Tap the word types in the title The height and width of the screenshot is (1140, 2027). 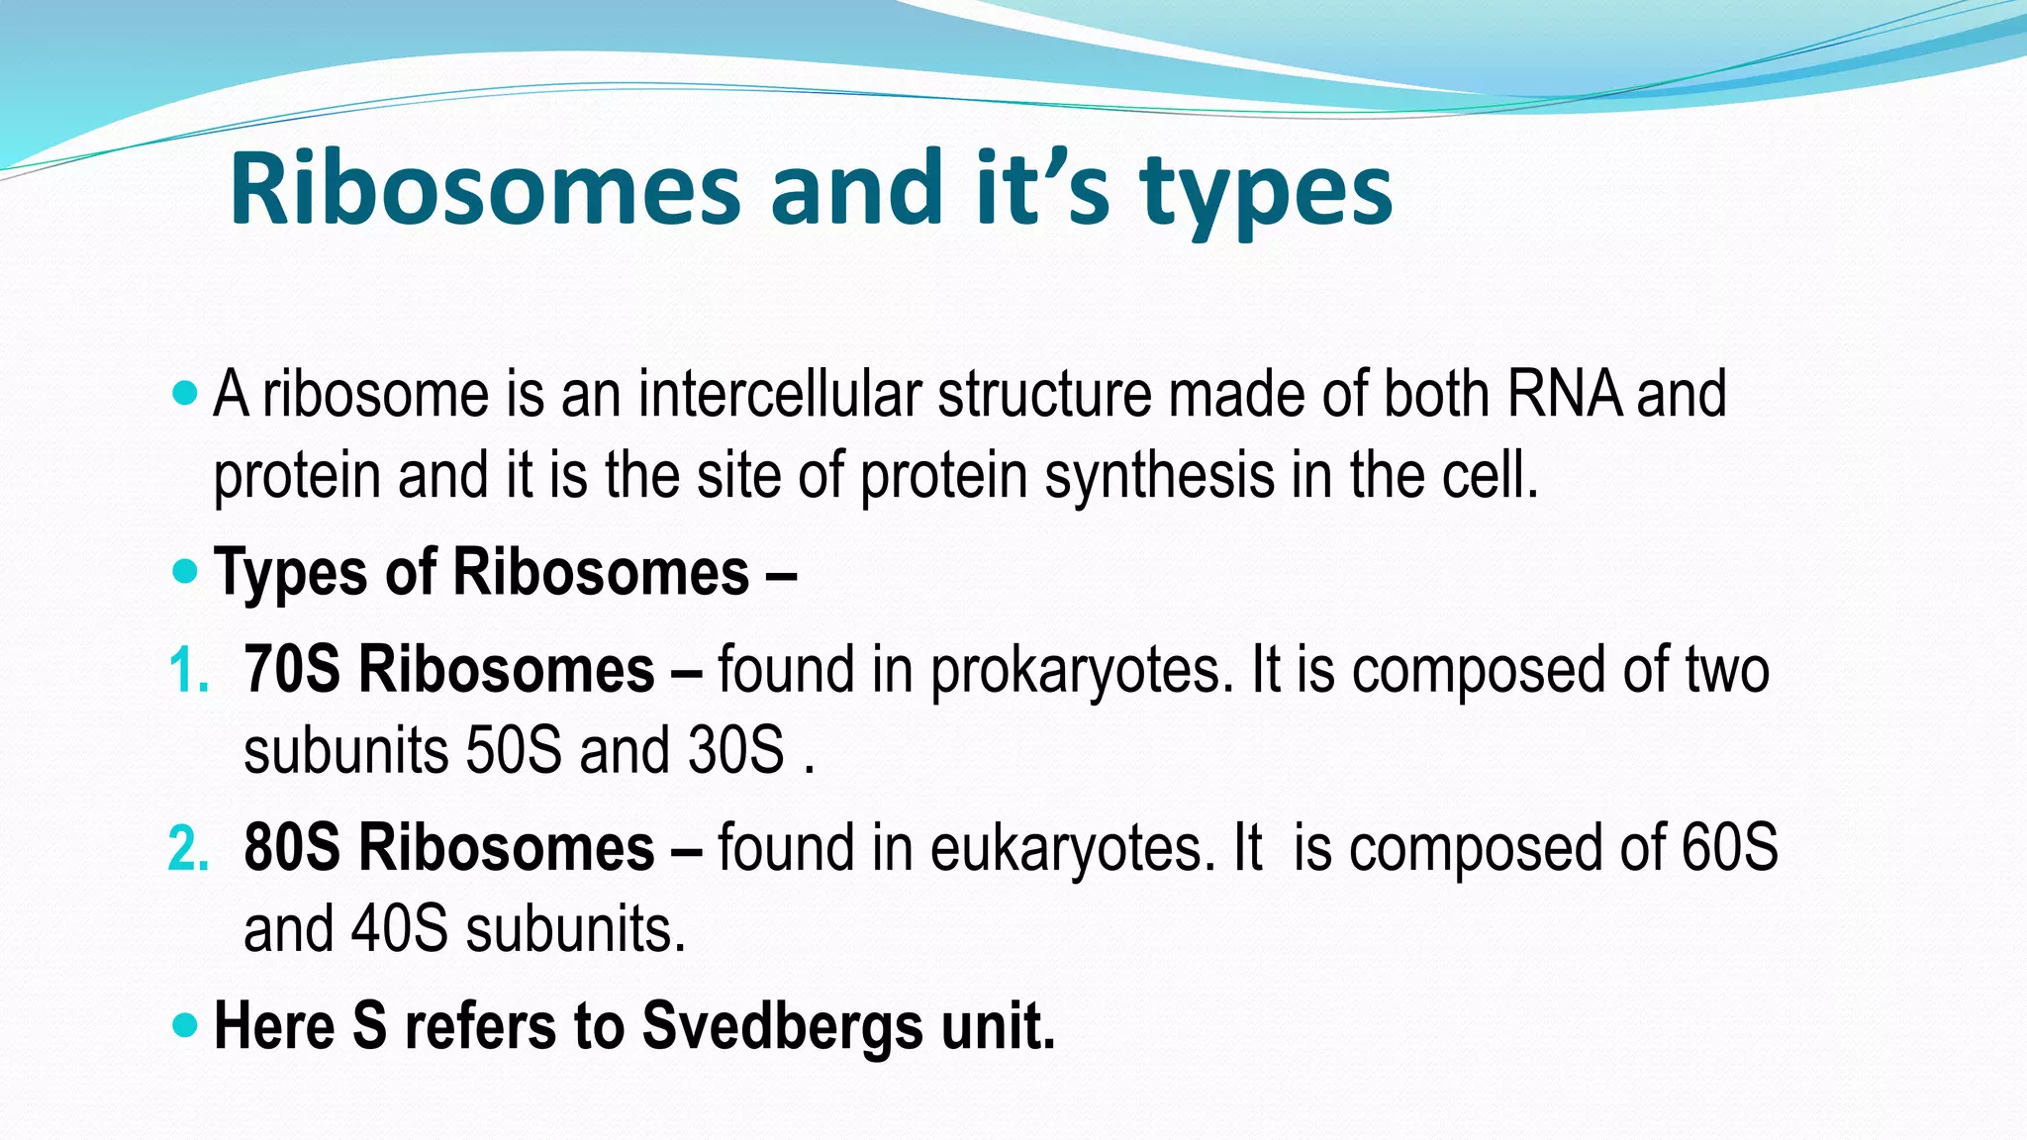tap(1266, 193)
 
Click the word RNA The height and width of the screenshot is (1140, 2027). tap(1564, 394)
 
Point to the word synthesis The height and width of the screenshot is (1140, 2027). tap(1159, 477)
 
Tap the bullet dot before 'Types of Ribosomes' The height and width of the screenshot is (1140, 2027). tap(184, 571)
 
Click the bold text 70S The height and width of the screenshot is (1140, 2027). tap(292, 670)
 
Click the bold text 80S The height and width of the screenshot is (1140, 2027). tap(292, 848)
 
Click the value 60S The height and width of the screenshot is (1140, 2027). tap(1729, 848)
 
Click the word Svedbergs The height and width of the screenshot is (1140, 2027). tap(782, 1026)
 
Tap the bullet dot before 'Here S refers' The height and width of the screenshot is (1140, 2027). tap(184, 1024)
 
